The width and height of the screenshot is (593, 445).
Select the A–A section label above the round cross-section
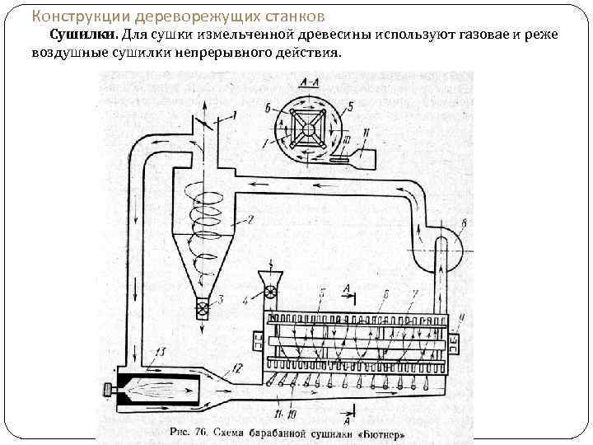pos(311,84)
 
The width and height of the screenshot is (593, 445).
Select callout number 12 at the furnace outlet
pos(237,367)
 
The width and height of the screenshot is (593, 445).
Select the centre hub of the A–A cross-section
pos(311,130)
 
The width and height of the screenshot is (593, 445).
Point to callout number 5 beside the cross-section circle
pos(349,105)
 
